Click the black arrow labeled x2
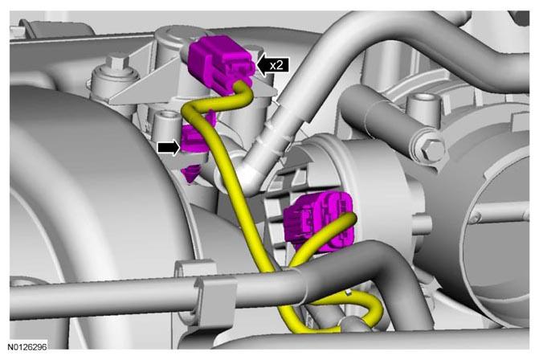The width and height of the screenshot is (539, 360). [272, 64]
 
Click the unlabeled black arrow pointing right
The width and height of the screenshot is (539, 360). [169, 148]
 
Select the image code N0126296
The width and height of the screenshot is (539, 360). [27, 346]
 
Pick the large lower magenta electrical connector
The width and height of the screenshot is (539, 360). [318, 221]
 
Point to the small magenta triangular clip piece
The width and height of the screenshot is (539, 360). [191, 173]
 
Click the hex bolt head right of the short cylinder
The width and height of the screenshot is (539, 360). [431, 149]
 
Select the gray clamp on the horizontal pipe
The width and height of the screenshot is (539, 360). [214, 298]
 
